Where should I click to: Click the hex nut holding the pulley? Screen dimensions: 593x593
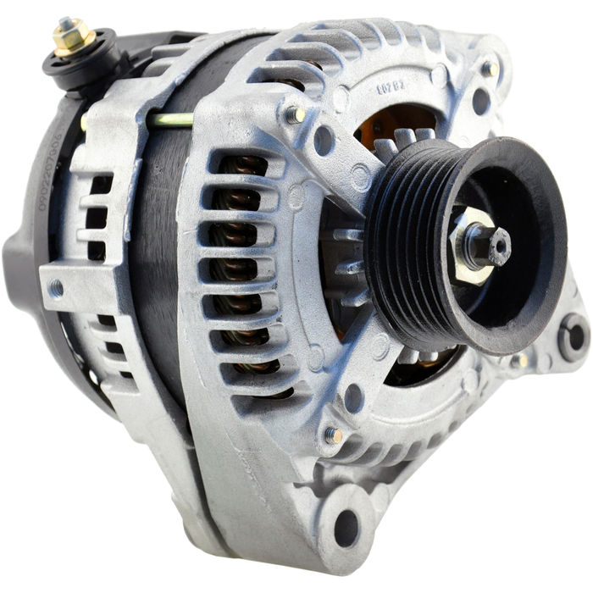coord(475,247)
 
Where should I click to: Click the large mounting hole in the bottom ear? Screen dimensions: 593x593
coord(346,528)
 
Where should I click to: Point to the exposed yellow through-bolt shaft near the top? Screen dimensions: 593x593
coord(174,119)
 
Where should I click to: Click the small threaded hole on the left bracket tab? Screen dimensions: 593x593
coord(57,287)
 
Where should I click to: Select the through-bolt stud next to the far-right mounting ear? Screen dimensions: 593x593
coord(520,361)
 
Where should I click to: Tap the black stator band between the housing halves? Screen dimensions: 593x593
coord(152,254)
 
